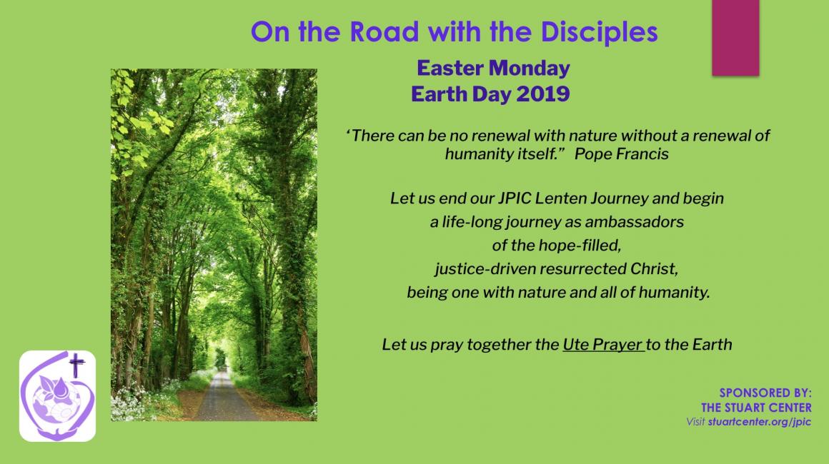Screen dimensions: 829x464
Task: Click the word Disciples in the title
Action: click(599, 33)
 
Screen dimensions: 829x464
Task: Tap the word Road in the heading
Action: click(384, 31)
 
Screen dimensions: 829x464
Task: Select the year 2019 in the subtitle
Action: click(543, 94)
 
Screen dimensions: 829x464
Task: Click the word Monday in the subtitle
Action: click(530, 68)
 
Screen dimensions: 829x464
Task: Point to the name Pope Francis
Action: click(621, 154)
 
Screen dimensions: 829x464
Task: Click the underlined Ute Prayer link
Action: click(602, 345)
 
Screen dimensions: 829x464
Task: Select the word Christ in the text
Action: click(654, 268)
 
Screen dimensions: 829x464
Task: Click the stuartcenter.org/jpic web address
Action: click(759, 422)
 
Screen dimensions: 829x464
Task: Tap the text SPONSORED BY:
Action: click(765, 393)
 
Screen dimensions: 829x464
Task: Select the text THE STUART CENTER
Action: click(756, 408)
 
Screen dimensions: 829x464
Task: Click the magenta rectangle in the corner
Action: click(735, 38)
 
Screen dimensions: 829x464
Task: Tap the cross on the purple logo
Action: click(76, 365)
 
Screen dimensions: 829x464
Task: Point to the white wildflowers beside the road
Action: click(129, 403)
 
